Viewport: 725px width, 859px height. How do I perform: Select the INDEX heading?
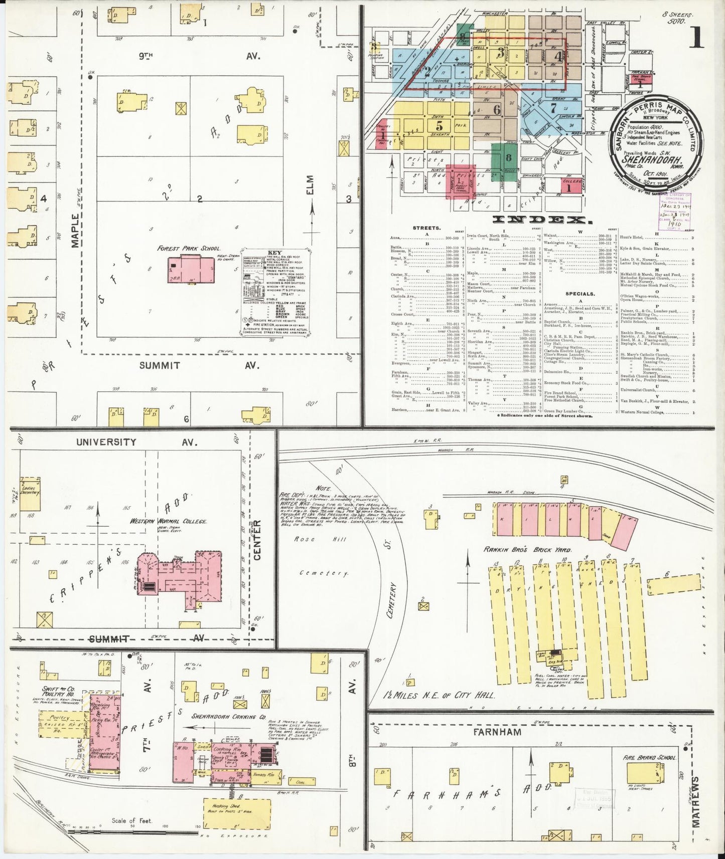click(540, 220)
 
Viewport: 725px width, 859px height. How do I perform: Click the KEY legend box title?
click(275, 253)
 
